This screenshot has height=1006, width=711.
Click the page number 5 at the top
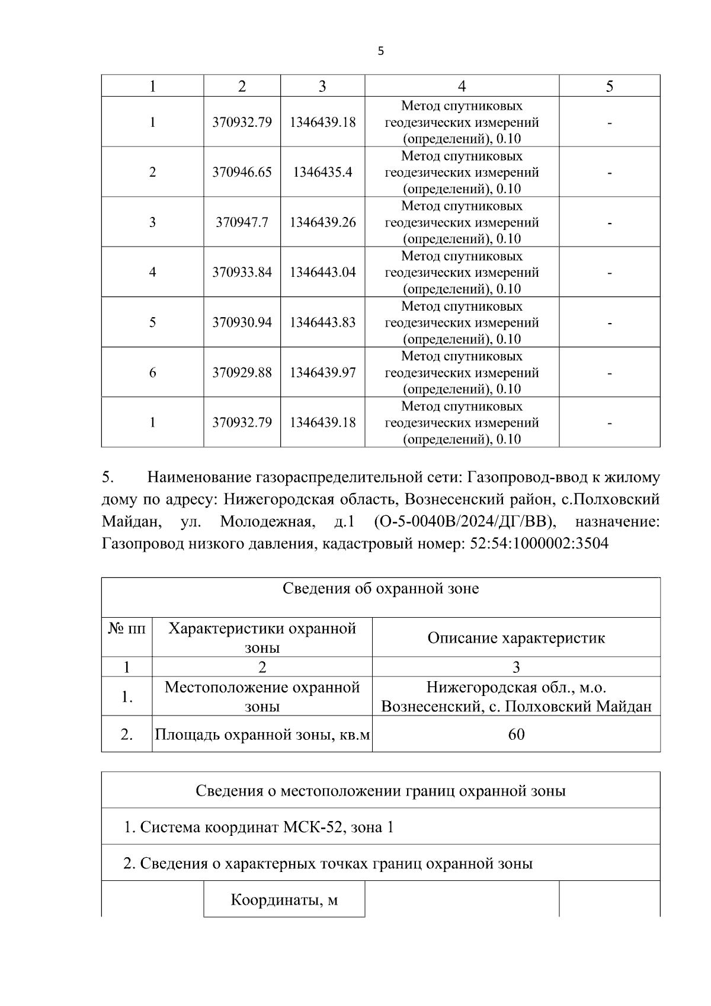click(380, 52)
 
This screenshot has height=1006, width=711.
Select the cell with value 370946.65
click(242, 173)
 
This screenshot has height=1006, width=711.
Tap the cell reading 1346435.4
click(322, 173)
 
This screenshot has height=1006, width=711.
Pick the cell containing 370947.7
click(242, 222)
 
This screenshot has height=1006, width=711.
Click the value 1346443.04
click(322, 273)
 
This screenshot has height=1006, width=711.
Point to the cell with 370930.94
click(242, 322)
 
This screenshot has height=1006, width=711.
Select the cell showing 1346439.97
click(322, 373)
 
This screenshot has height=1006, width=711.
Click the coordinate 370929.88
click(242, 373)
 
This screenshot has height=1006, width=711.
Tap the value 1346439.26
click(322, 222)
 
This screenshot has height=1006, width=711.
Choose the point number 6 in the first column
click(152, 373)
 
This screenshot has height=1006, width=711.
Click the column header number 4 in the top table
click(462, 87)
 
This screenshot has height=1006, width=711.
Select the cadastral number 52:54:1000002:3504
click(539, 544)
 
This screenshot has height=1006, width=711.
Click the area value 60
click(516, 734)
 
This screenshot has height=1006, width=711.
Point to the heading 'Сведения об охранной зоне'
click(380, 589)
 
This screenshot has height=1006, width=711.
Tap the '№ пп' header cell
click(126, 628)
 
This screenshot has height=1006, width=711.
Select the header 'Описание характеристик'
click(516, 638)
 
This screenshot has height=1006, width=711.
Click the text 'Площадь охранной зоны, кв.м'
click(262, 735)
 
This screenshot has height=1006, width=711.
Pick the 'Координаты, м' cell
click(284, 900)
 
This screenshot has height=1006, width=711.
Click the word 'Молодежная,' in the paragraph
click(266, 522)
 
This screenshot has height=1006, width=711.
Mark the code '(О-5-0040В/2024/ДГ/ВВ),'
click(466, 522)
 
